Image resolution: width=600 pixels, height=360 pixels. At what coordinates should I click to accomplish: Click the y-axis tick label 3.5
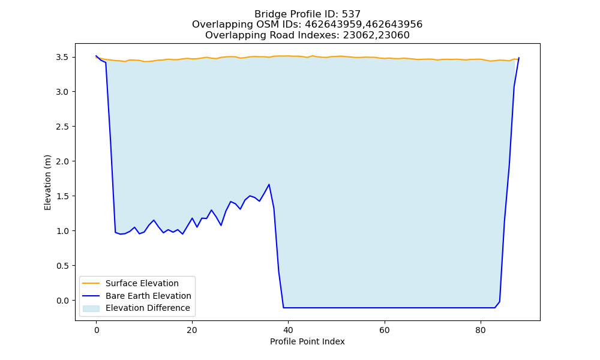pos(62,57)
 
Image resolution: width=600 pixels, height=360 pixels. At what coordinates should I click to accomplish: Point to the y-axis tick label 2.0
pos(62,161)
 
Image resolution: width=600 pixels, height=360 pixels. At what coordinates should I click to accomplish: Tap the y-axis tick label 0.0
pos(62,301)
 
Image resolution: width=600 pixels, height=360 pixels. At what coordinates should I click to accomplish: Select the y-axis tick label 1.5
pos(62,196)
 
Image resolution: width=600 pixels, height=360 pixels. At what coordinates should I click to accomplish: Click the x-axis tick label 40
pos(288,330)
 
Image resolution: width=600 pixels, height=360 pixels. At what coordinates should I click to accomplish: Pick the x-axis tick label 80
pos(480,330)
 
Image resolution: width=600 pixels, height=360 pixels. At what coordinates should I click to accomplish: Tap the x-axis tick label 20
pos(192,330)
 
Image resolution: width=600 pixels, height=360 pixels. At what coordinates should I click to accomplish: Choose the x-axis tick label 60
pos(384,330)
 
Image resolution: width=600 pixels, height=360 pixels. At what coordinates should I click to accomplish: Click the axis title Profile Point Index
pos(307,341)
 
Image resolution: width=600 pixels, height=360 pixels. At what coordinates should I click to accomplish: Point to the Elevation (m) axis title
pos(47,182)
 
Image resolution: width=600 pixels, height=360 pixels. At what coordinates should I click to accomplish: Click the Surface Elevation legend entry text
pos(142,283)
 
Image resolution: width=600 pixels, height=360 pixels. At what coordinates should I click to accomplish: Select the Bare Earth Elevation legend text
pos(148,296)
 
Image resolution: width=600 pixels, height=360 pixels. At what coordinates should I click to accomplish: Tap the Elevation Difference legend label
pos(148,308)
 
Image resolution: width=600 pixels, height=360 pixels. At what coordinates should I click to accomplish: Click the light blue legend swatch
pos(91,308)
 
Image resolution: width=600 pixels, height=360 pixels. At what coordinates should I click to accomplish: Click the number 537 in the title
pos(351,14)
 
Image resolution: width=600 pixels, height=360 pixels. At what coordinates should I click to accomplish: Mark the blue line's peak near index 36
pos(269,184)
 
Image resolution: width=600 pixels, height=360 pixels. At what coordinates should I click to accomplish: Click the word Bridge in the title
pos(268,14)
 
